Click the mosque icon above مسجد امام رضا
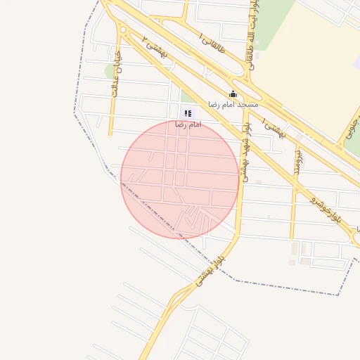[233, 94]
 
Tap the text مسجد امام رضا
[233, 104]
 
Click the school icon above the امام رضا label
[187, 113]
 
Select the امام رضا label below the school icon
[188, 124]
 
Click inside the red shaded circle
[180, 179]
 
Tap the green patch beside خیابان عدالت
[109, 70]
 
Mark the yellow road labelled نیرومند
[293, 211]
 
